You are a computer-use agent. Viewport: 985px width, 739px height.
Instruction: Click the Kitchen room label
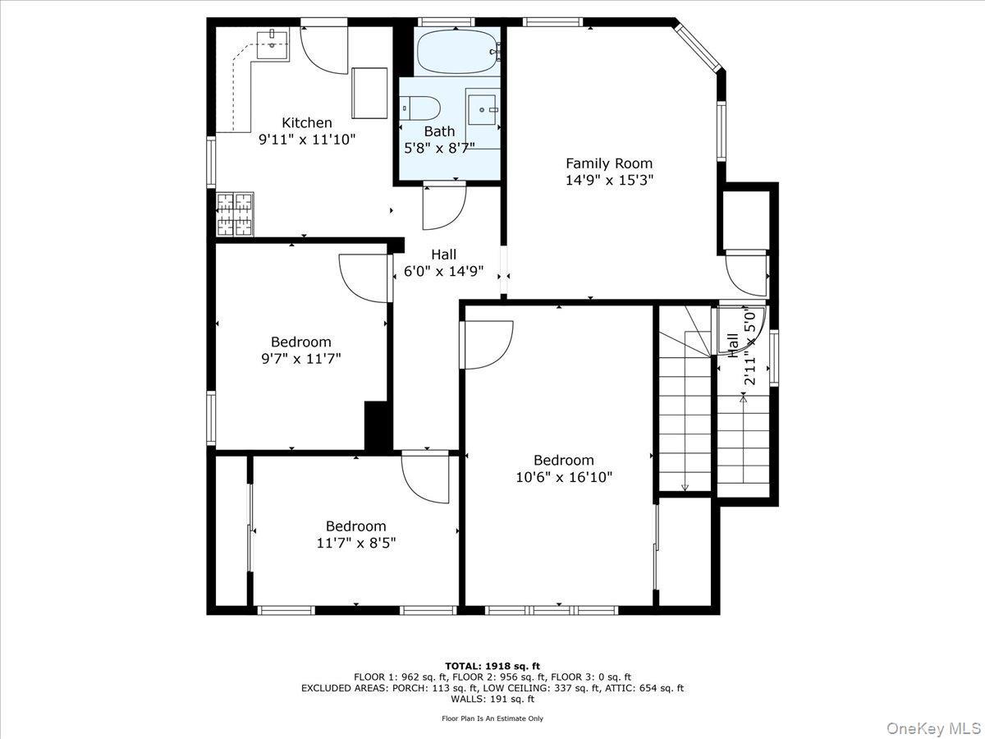tap(307, 122)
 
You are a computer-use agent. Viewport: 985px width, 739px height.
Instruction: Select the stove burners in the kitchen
tap(235, 213)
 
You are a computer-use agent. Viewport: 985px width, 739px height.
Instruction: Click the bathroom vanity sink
tap(483, 108)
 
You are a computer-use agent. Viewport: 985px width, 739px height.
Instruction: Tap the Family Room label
tap(609, 163)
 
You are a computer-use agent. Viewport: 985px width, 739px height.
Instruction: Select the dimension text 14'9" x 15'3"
tap(609, 181)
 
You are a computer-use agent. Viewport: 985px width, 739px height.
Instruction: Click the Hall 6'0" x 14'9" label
tap(443, 263)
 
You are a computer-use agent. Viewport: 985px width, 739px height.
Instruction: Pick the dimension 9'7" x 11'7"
tap(300, 358)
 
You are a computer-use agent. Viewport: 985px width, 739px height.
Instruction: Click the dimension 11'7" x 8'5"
tap(355, 543)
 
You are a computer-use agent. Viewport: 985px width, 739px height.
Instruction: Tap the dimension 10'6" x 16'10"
tap(563, 476)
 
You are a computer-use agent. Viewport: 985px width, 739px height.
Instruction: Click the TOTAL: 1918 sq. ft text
tap(492, 665)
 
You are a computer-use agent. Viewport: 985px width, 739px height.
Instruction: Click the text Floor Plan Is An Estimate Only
tap(492, 718)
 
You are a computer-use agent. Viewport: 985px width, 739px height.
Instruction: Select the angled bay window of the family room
tap(698, 48)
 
